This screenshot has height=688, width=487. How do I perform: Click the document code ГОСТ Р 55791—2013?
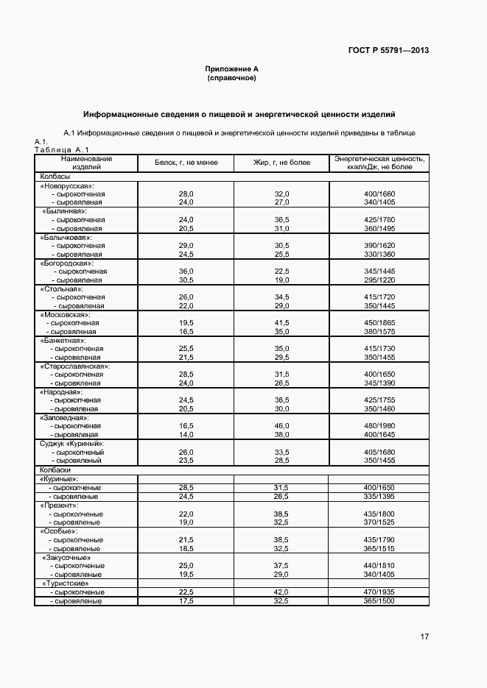pos(389,51)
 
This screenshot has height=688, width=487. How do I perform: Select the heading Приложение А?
pos(231,68)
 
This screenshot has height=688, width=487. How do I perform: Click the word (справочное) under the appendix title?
pos(231,77)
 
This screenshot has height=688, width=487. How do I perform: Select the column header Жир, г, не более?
pos(282,163)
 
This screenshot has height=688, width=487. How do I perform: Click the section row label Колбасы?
pos(55,177)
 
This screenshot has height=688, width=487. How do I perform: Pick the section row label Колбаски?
pos(56,469)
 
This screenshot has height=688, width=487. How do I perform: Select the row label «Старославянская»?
pos(74,366)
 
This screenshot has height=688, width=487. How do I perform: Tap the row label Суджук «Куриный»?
pos(71,444)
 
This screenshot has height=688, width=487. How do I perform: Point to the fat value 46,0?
pos(282,426)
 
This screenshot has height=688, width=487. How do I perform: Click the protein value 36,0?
pos(186,272)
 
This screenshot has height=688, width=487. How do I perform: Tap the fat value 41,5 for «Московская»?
pos(282,323)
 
